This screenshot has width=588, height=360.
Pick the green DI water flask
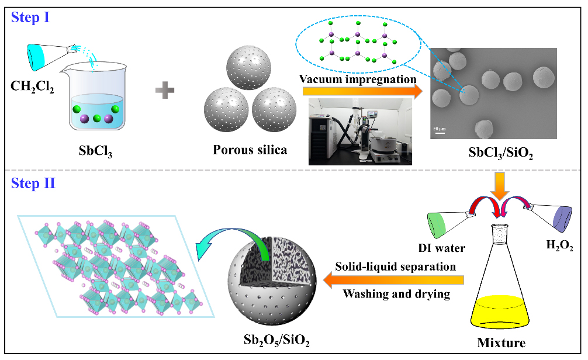444,225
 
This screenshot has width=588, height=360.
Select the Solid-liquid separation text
395,267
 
